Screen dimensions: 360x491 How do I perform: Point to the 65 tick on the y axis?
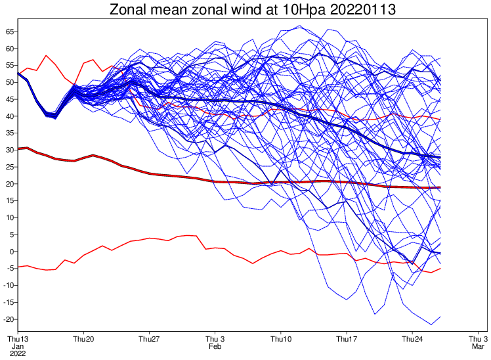(x=9, y=32)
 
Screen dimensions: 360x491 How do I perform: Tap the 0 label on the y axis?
(x=11, y=252)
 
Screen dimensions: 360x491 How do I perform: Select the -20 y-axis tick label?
(x=8, y=319)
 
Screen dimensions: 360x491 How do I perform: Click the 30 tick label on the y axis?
(x=9, y=150)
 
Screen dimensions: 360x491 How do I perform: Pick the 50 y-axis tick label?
(x=9, y=82)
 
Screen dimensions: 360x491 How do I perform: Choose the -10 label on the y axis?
(x=8, y=285)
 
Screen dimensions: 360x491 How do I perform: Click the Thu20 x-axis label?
(x=83, y=338)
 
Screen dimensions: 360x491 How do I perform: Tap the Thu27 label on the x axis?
(x=149, y=338)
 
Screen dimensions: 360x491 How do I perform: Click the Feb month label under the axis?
(x=215, y=346)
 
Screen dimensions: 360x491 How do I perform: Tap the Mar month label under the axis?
(x=477, y=346)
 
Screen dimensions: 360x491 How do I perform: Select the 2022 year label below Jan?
(x=17, y=353)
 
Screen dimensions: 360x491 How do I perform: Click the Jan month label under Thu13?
(x=17, y=346)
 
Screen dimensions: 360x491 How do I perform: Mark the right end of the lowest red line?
(x=440, y=268)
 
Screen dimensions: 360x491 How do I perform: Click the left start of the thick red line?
(x=18, y=148)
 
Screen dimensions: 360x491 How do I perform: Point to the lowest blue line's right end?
(x=440, y=317)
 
